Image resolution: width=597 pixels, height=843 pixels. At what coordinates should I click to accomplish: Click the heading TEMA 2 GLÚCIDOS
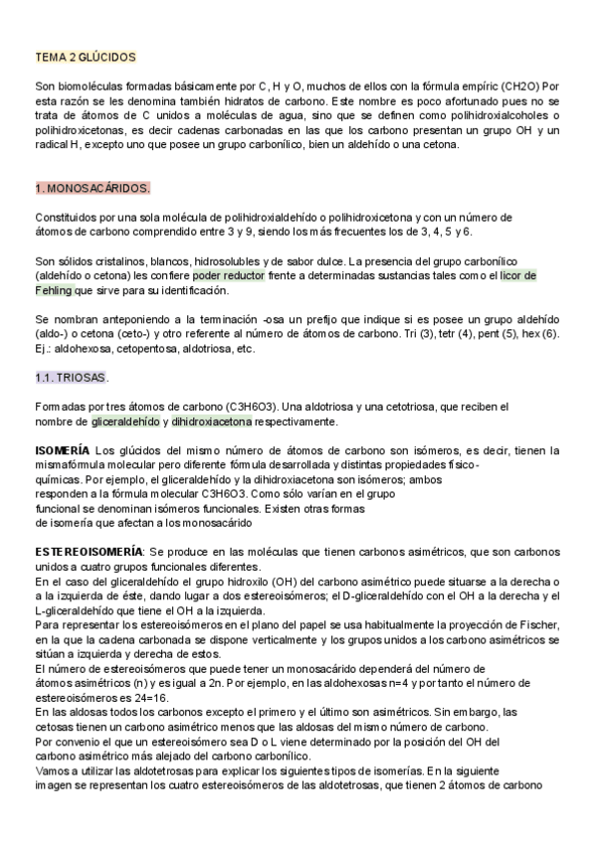point(85,59)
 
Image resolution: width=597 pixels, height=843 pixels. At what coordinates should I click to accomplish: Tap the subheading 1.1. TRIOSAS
point(72,378)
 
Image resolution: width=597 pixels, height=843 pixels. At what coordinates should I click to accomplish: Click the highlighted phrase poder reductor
point(228,275)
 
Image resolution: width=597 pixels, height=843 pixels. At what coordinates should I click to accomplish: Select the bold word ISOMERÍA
point(62,451)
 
